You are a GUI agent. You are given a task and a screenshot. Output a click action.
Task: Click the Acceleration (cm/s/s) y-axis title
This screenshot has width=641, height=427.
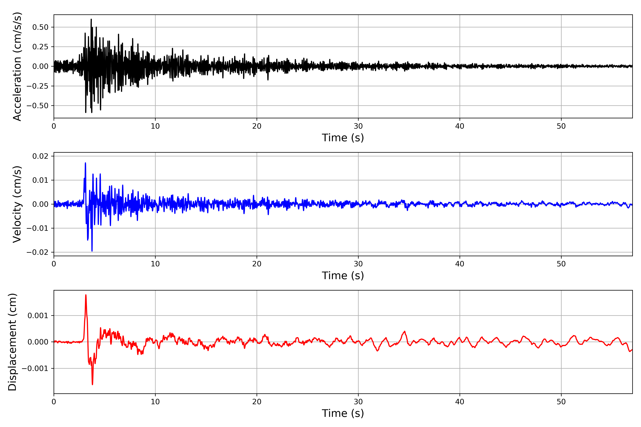(17, 66)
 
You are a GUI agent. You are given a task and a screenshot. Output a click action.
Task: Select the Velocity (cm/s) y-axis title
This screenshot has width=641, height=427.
(17, 204)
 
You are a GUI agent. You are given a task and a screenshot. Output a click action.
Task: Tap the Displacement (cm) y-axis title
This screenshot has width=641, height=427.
(12, 342)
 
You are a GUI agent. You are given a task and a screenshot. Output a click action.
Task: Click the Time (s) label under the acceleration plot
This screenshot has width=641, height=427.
(343, 138)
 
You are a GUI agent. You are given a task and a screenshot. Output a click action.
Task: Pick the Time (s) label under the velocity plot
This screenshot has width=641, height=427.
(343, 276)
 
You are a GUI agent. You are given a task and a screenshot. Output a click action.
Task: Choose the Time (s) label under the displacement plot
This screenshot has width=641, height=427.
(343, 413)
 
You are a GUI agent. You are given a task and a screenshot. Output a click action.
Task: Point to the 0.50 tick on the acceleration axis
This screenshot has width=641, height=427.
(40, 27)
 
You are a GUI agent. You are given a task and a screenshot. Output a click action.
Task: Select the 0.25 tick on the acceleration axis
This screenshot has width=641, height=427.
(40, 47)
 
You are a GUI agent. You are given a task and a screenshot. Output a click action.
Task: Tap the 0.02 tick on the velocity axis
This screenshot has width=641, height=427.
(40, 156)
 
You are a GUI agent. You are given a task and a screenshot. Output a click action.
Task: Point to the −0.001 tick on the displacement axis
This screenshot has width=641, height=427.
(35, 368)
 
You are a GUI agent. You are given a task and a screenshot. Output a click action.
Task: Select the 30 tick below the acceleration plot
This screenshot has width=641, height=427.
(358, 126)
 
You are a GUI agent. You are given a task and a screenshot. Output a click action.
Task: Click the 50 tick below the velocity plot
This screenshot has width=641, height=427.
(561, 264)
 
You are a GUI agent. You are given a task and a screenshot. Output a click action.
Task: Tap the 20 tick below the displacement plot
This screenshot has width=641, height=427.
(257, 402)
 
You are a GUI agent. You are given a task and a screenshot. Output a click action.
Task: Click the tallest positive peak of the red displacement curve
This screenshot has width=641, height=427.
(86, 295)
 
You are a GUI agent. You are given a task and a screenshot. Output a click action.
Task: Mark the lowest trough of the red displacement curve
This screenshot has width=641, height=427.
(92, 384)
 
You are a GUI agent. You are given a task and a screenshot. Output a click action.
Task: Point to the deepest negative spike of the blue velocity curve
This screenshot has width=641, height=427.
(92, 251)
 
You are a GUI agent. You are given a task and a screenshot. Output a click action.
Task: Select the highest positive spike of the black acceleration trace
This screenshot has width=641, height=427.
(91, 19)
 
